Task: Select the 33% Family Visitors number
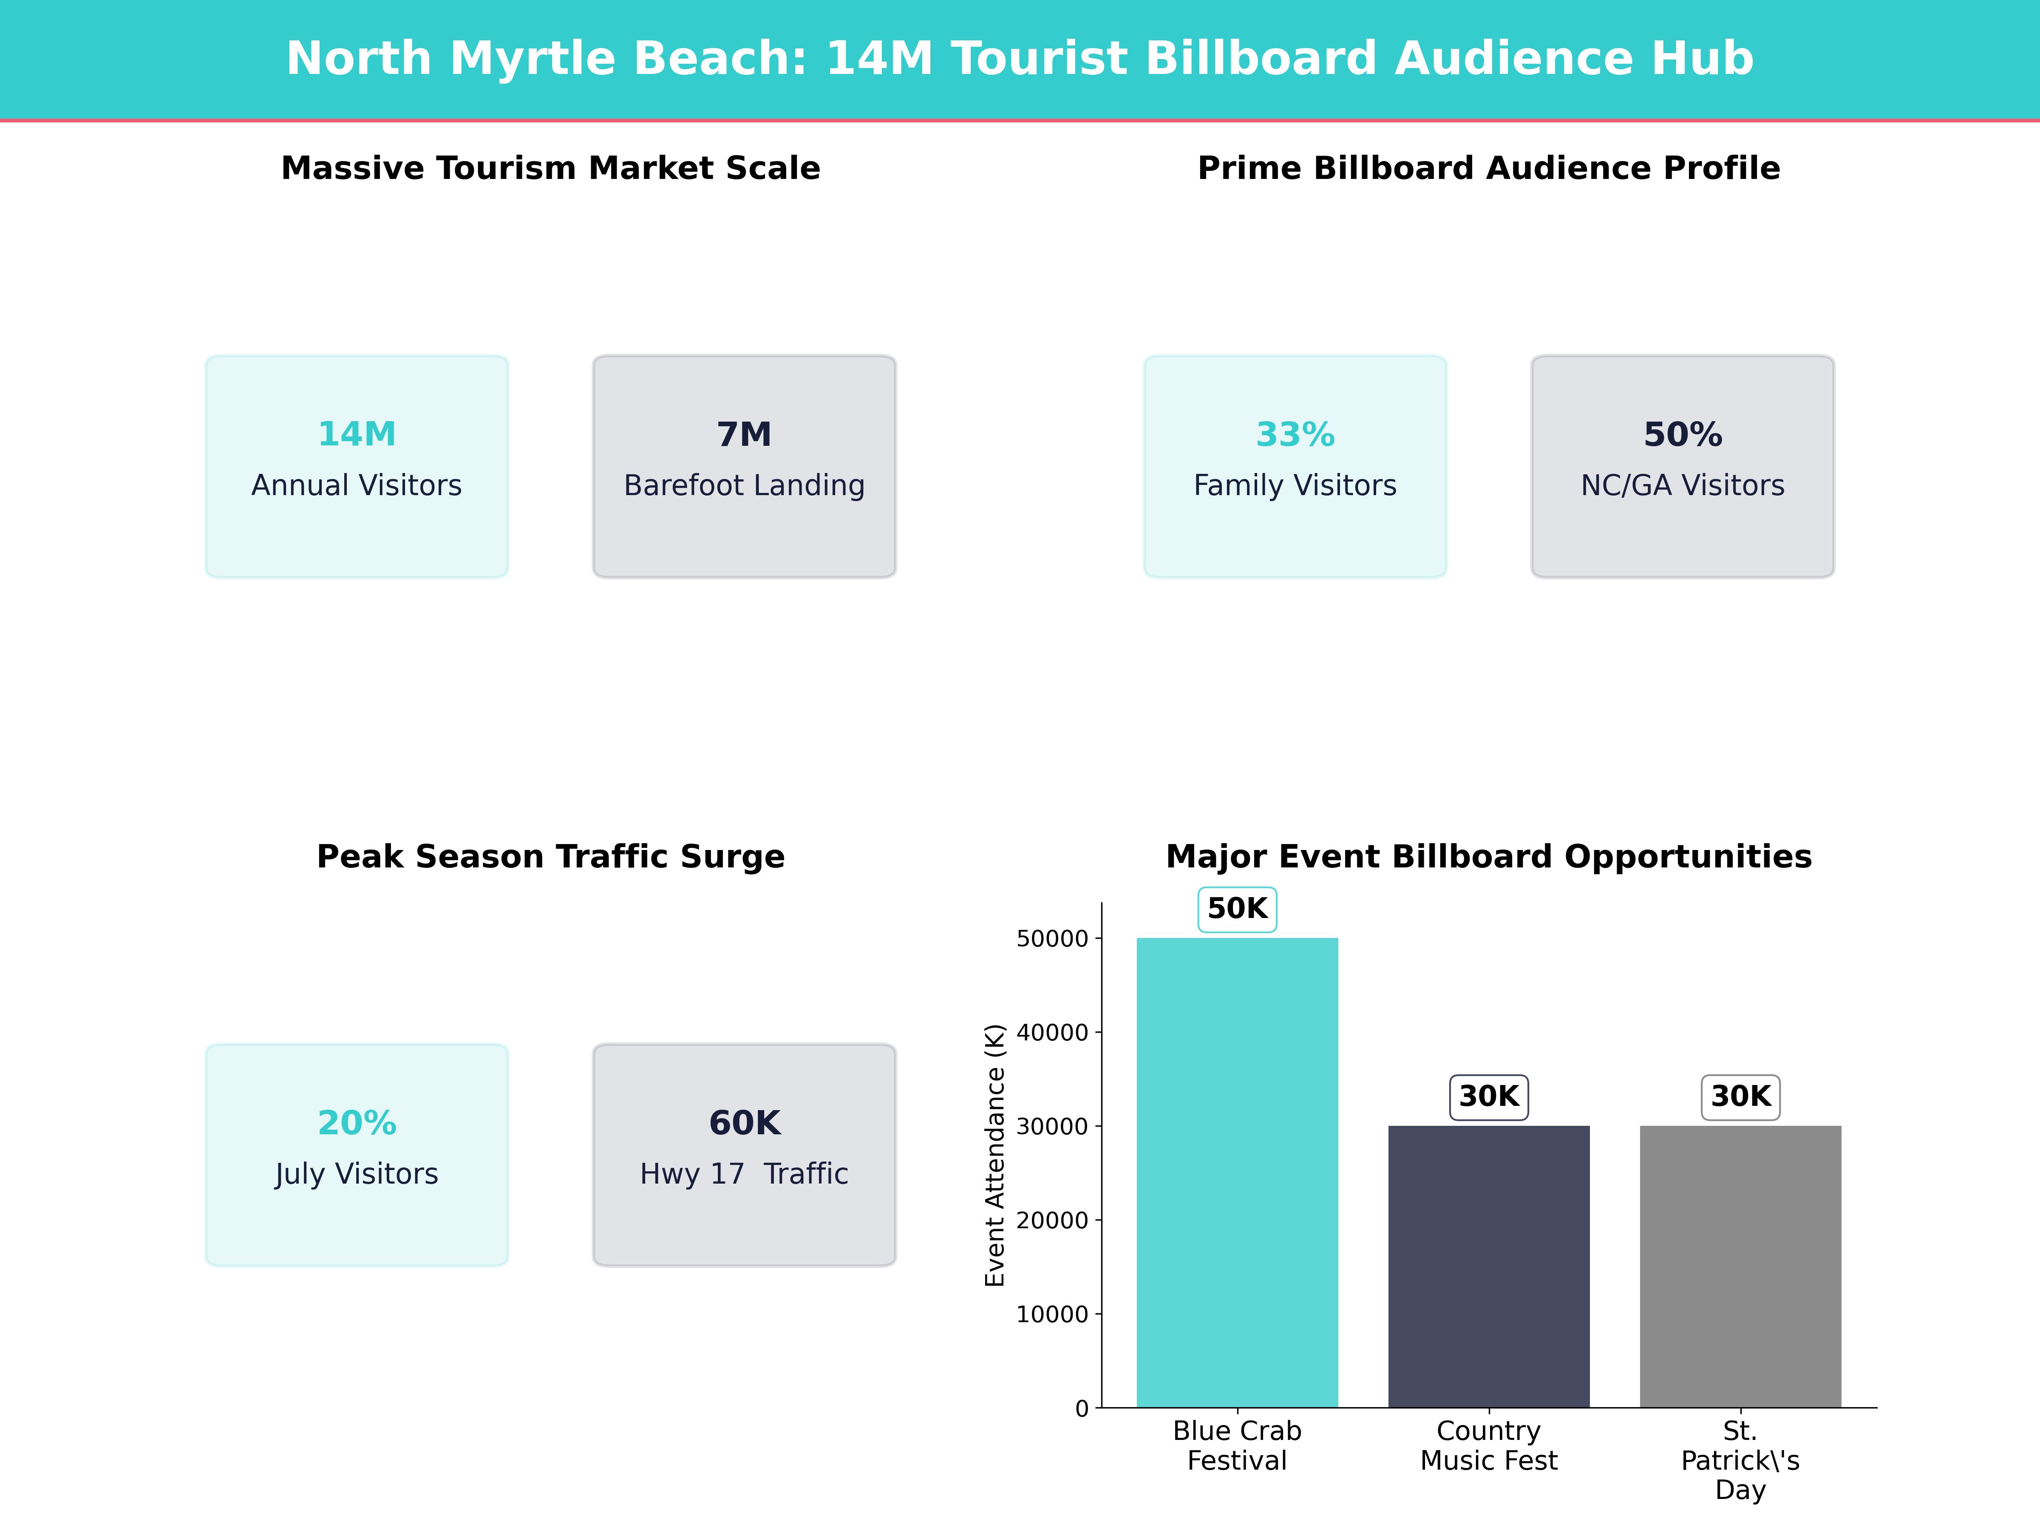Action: pyautogui.click(x=1295, y=434)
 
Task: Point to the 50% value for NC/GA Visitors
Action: pyautogui.click(x=1682, y=434)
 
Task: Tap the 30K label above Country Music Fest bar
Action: pyautogui.click(x=1488, y=1096)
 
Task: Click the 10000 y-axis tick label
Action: pyautogui.click(x=1052, y=1314)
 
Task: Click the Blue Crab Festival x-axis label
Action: pyautogui.click(x=1237, y=1445)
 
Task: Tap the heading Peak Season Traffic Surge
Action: pyautogui.click(x=550, y=857)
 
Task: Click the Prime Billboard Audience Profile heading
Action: pyautogui.click(x=1488, y=169)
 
